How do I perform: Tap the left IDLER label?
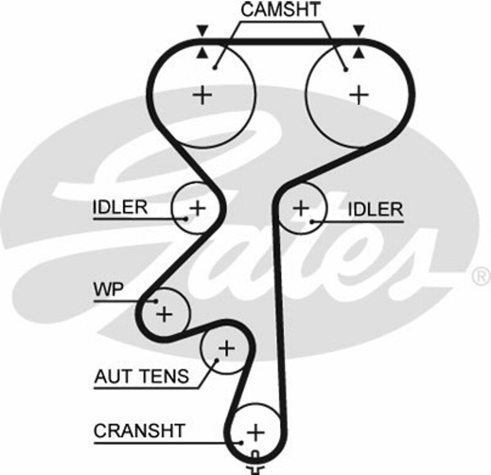click(120, 207)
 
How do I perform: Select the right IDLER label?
click(374, 209)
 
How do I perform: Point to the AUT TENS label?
click(142, 376)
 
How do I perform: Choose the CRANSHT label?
click(139, 430)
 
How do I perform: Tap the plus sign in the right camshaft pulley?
click(358, 95)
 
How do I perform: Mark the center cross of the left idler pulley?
click(197, 208)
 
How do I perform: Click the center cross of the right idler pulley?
click(301, 208)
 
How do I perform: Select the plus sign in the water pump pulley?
click(164, 314)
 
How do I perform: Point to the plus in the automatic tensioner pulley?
click(226, 349)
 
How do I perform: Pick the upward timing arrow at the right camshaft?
click(358, 54)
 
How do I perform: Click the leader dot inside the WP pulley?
click(157, 301)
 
